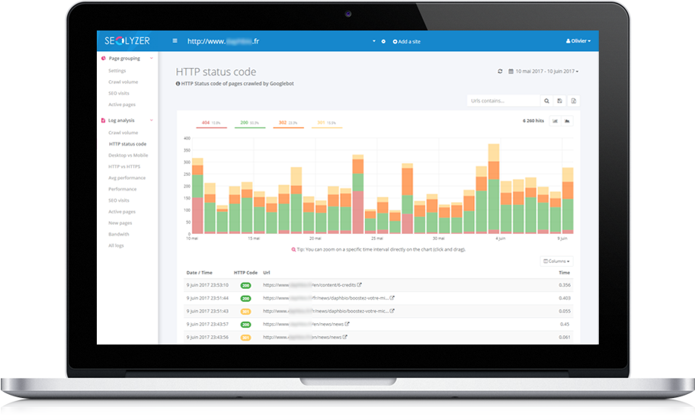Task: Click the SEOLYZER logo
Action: click(x=128, y=41)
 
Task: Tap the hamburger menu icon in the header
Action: click(x=175, y=41)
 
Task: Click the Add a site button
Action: click(x=407, y=41)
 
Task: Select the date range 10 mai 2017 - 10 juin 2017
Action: click(x=543, y=72)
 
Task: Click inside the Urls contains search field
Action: click(x=504, y=101)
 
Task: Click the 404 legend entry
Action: click(x=211, y=123)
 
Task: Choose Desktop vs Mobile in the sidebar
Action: click(x=128, y=155)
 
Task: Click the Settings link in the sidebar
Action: click(x=117, y=71)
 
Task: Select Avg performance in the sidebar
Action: click(x=127, y=178)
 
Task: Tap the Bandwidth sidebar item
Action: click(x=119, y=234)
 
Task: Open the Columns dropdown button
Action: click(x=556, y=261)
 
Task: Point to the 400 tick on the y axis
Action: click(x=186, y=139)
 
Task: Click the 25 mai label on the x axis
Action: click(x=376, y=239)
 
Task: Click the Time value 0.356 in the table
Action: click(x=564, y=285)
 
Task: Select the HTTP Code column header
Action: click(x=245, y=272)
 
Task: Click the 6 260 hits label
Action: click(x=533, y=121)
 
